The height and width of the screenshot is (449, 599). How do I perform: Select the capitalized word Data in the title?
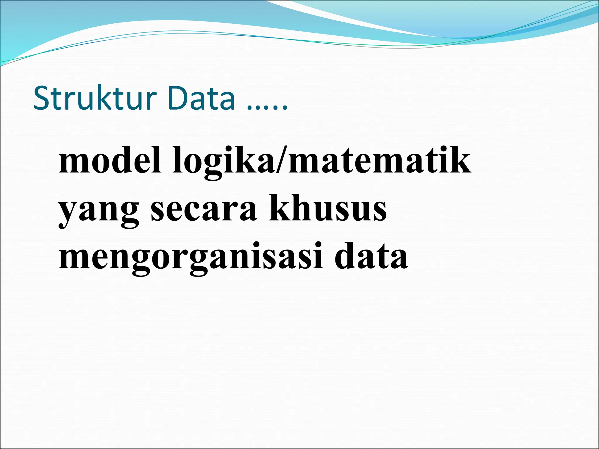point(202,98)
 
